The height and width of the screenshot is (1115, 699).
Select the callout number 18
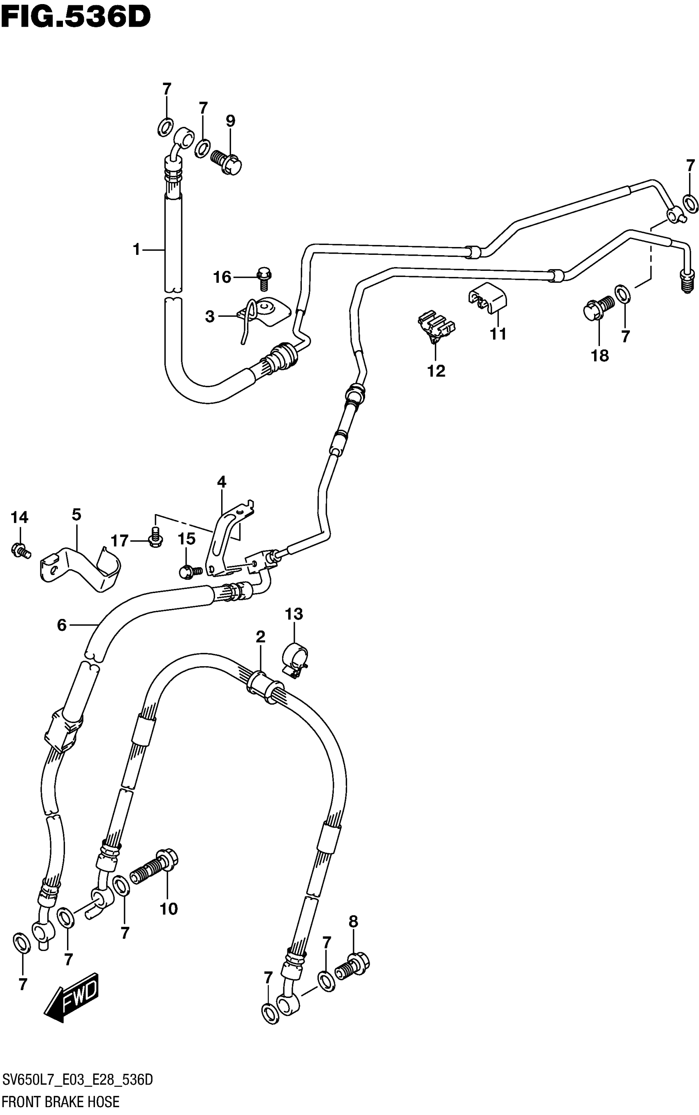(x=599, y=356)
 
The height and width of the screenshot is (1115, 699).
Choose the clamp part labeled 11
(x=488, y=298)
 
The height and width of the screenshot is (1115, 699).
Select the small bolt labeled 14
(x=20, y=550)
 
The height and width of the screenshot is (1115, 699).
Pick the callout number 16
(x=222, y=277)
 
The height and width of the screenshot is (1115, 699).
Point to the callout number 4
(x=222, y=482)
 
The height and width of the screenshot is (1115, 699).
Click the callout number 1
(x=137, y=249)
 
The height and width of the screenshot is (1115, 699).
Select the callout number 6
(x=62, y=625)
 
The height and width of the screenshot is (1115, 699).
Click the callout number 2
(x=260, y=637)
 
